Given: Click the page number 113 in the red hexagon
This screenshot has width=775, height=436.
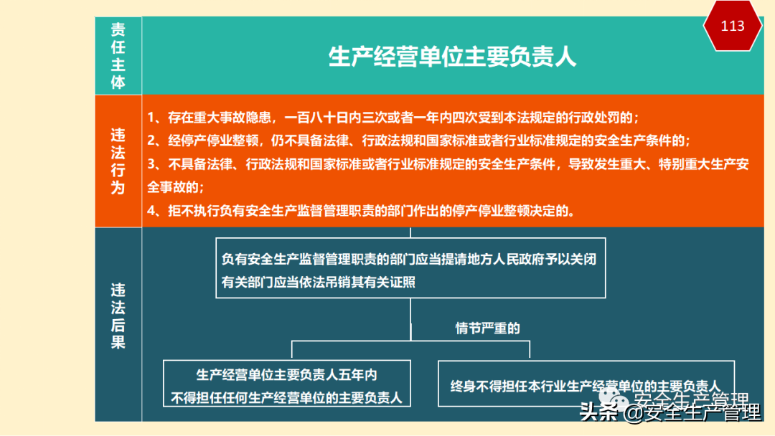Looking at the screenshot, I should (733, 27).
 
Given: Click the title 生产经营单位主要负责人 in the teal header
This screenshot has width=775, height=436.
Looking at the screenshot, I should (452, 57).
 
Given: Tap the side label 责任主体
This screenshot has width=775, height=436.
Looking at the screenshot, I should (118, 56).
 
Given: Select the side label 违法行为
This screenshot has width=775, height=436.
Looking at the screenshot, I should (118, 161).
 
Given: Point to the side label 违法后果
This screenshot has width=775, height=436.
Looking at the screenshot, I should (118, 316).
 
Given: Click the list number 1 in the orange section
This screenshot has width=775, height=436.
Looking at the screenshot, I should (152, 117).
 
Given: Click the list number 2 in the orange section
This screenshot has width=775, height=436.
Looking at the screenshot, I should (152, 140).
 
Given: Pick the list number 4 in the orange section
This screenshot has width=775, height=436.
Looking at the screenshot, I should (152, 211).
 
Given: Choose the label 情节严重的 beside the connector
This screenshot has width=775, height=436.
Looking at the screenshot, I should (488, 328).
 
